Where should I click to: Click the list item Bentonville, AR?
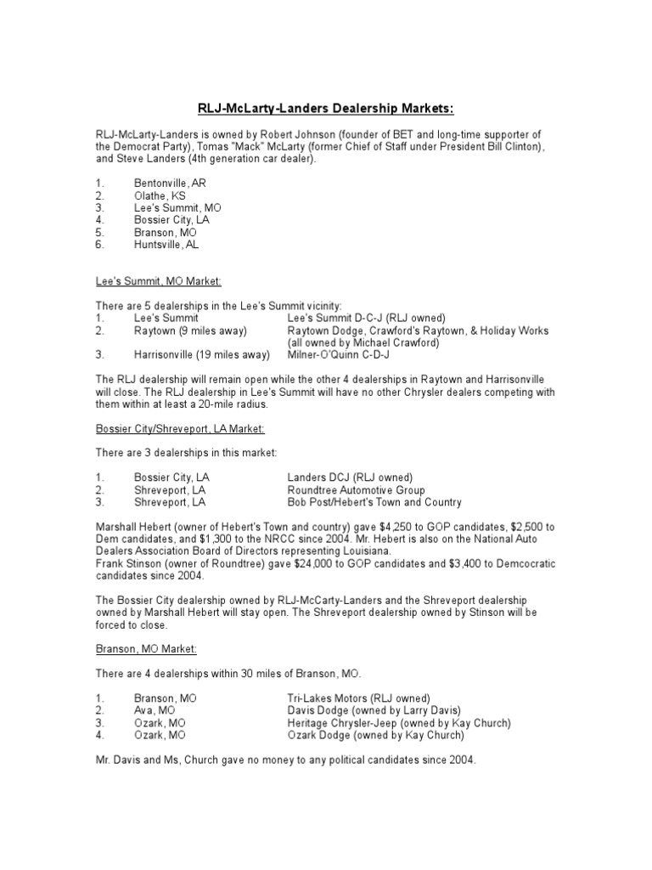pyautogui.click(x=170, y=183)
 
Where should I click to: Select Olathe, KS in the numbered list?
pyautogui.click(x=159, y=195)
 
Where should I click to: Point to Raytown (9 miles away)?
pyautogui.click(x=189, y=330)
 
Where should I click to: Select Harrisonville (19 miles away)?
pyautogui.click(x=201, y=354)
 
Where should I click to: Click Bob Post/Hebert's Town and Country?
pyautogui.click(x=374, y=502)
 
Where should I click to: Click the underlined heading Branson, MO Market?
pyautogui.click(x=146, y=649)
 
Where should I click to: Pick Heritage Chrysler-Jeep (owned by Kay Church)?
pyautogui.click(x=399, y=723)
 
